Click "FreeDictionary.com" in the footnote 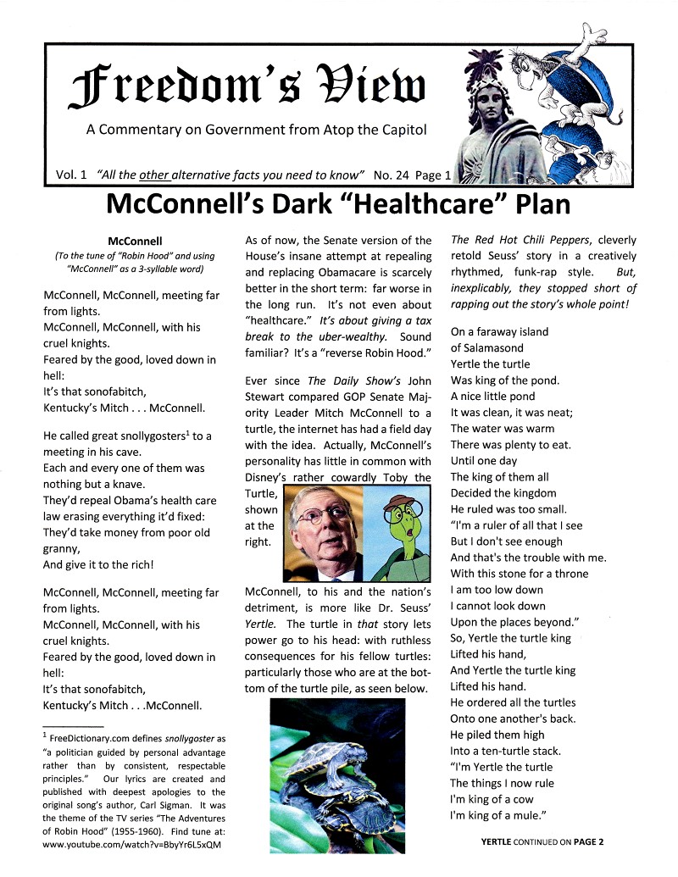coord(95,733)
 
